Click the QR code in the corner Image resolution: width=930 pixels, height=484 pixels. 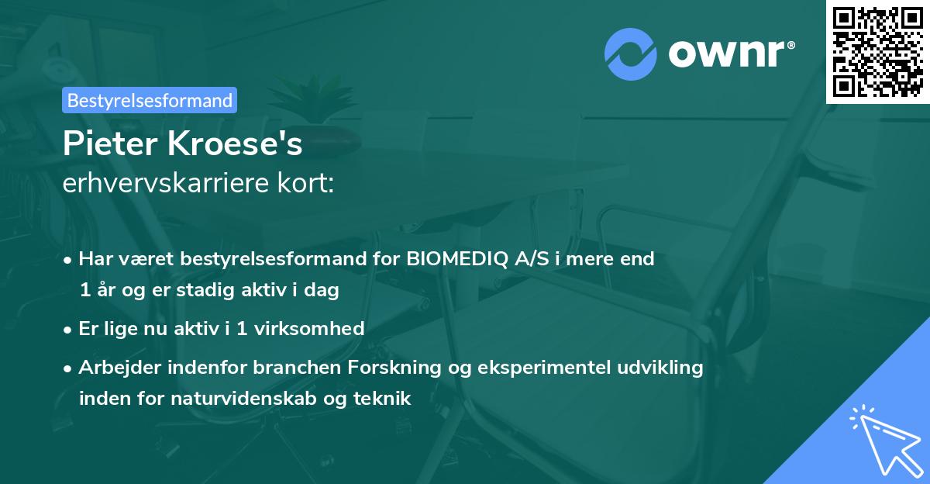click(878, 52)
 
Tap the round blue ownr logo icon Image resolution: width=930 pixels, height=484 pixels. click(631, 53)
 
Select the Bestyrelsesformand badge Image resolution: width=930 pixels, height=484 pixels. click(150, 100)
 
